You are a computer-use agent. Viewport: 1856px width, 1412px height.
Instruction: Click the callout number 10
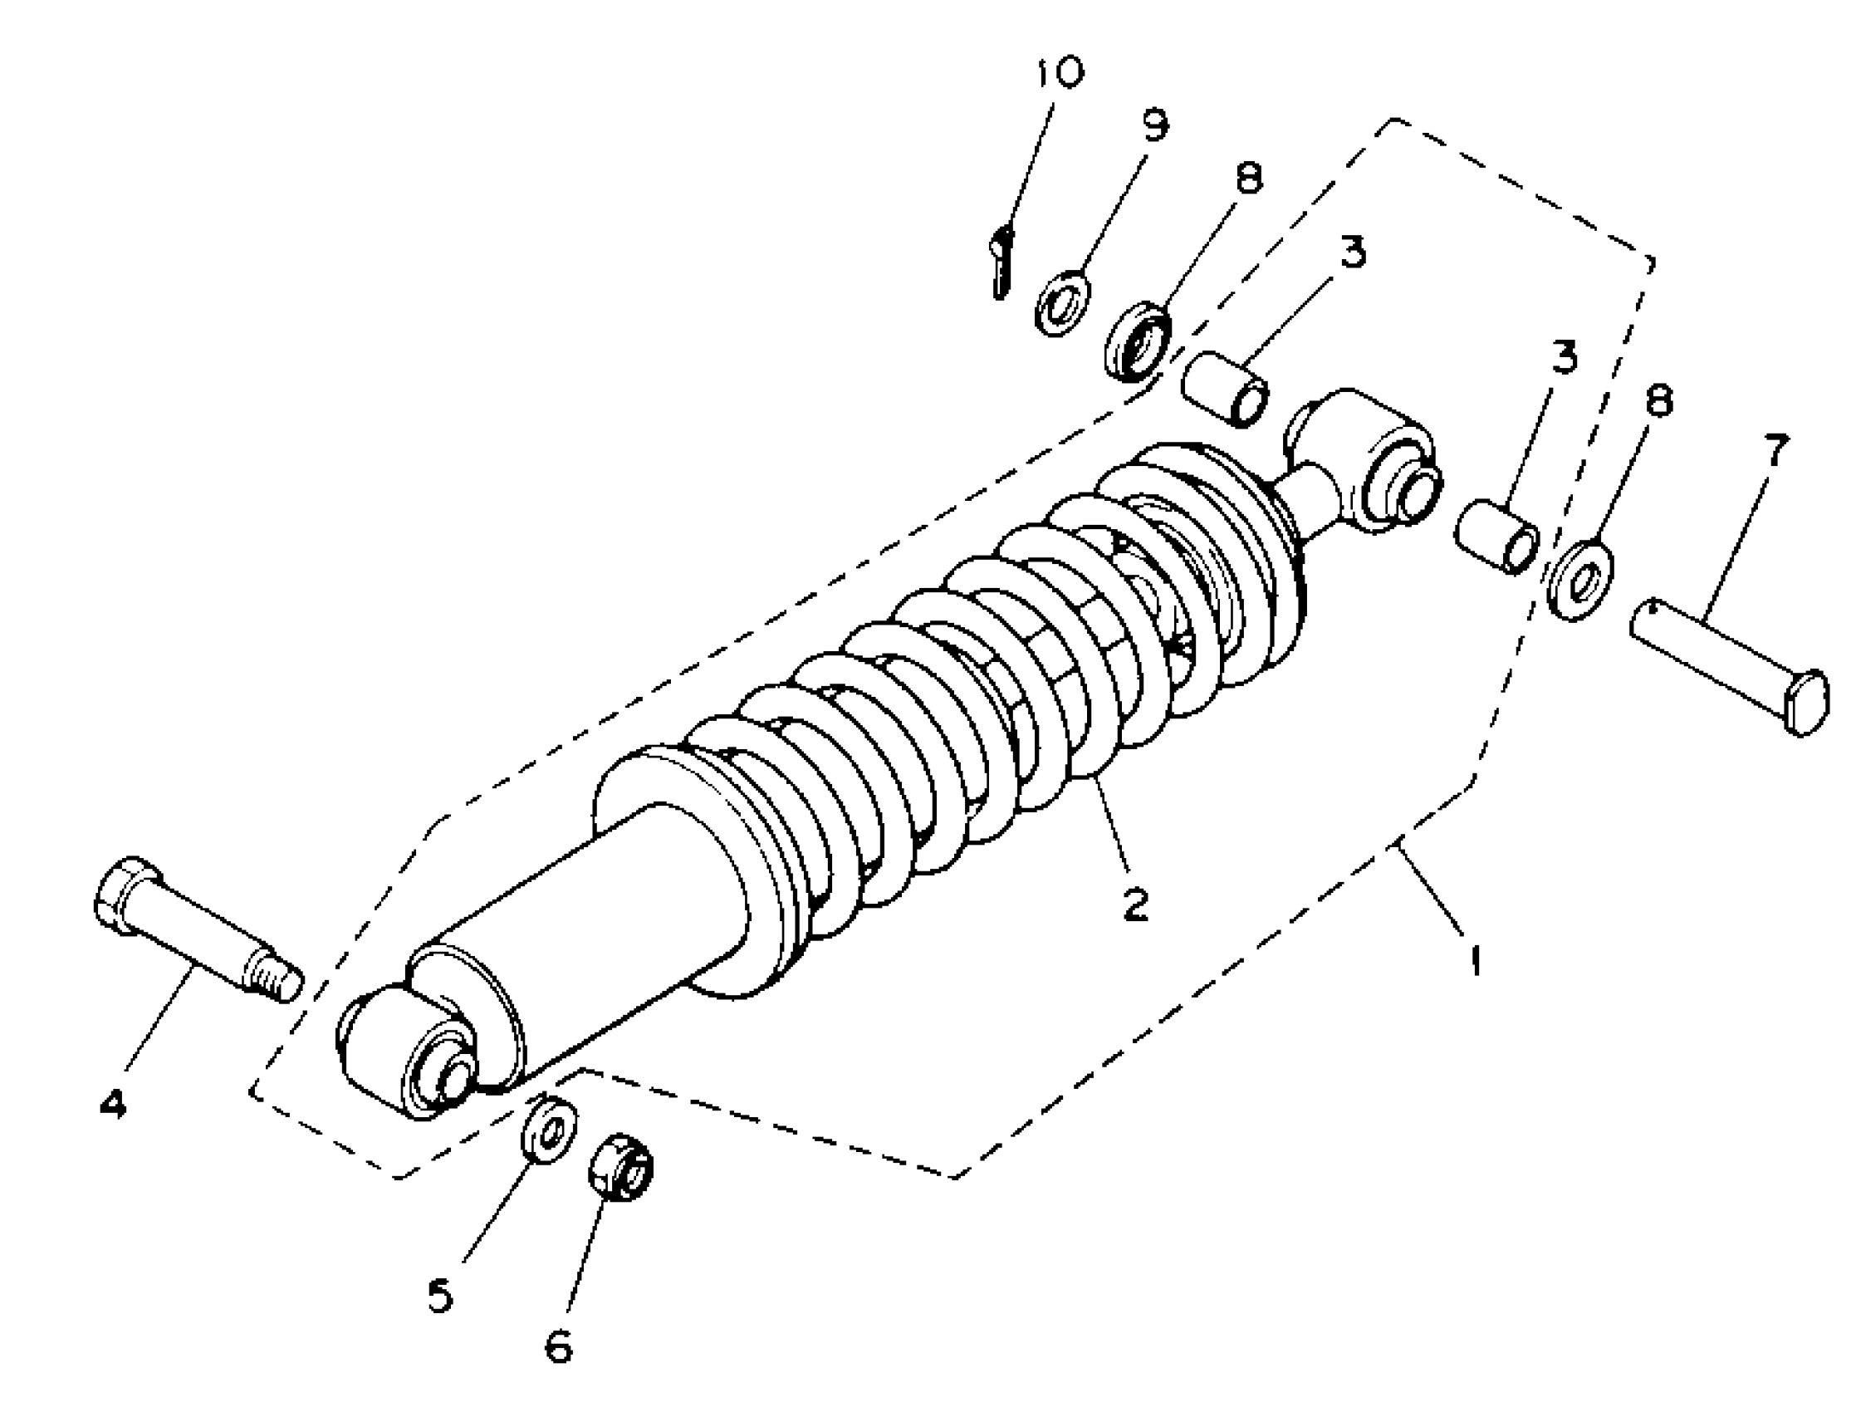tap(1057, 73)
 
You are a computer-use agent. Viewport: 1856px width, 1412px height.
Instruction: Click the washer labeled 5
tap(551, 1130)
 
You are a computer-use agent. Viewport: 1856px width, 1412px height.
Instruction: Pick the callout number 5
tap(438, 1295)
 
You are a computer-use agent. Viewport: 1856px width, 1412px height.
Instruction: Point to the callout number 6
tap(558, 1347)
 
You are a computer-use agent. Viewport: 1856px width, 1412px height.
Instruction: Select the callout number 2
tap(1135, 905)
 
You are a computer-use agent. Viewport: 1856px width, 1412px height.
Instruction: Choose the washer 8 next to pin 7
tap(1580, 582)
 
